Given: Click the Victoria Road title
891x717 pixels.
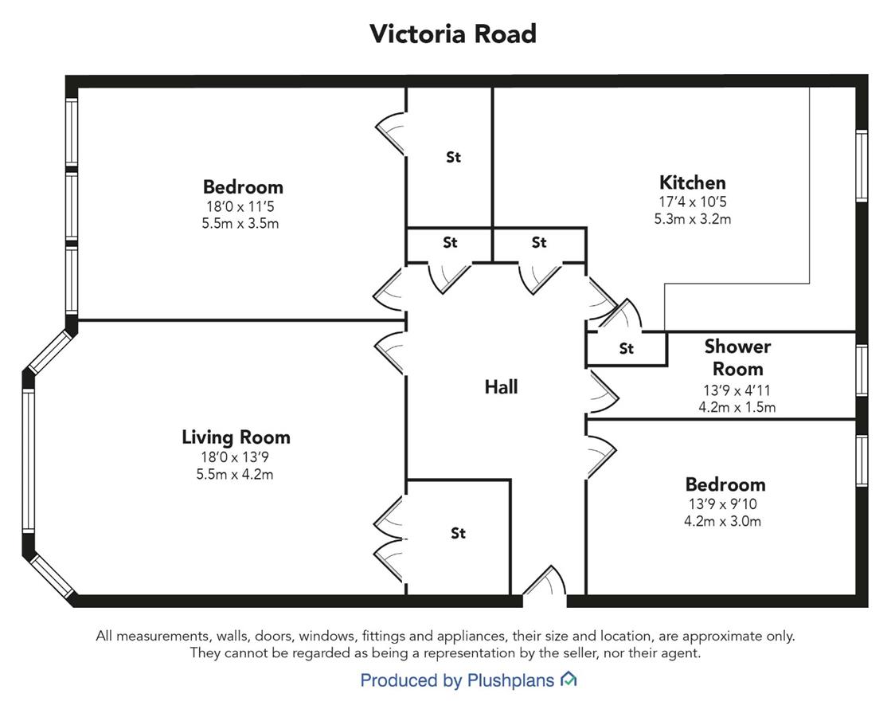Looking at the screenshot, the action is (453, 34).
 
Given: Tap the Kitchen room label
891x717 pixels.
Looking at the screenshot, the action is (692, 182).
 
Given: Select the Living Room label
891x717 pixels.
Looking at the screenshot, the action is (236, 437).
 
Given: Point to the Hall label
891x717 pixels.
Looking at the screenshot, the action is (501, 387).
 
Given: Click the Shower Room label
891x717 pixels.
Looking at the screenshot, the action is (737, 358).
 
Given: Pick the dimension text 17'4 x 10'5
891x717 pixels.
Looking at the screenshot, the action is (692, 202).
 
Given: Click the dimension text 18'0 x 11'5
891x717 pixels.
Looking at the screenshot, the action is (240, 206).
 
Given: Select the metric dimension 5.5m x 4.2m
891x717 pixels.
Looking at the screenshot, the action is (235, 474).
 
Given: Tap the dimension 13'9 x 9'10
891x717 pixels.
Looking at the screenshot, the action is (723, 503).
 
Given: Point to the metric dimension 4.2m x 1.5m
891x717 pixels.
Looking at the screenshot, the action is (737, 407).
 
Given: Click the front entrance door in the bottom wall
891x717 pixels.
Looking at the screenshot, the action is (545, 582).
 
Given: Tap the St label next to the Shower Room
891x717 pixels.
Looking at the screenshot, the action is (626, 348).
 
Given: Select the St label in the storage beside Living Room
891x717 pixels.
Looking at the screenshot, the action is (458, 533).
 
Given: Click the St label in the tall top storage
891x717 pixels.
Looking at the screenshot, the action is (453, 157).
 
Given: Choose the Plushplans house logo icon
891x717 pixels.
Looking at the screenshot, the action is (569, 679).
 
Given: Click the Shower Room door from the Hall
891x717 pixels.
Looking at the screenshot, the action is (602, 392).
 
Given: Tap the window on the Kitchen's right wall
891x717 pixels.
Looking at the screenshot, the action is (862, 166).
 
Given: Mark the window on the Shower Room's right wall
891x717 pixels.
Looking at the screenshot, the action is (862, 370).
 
